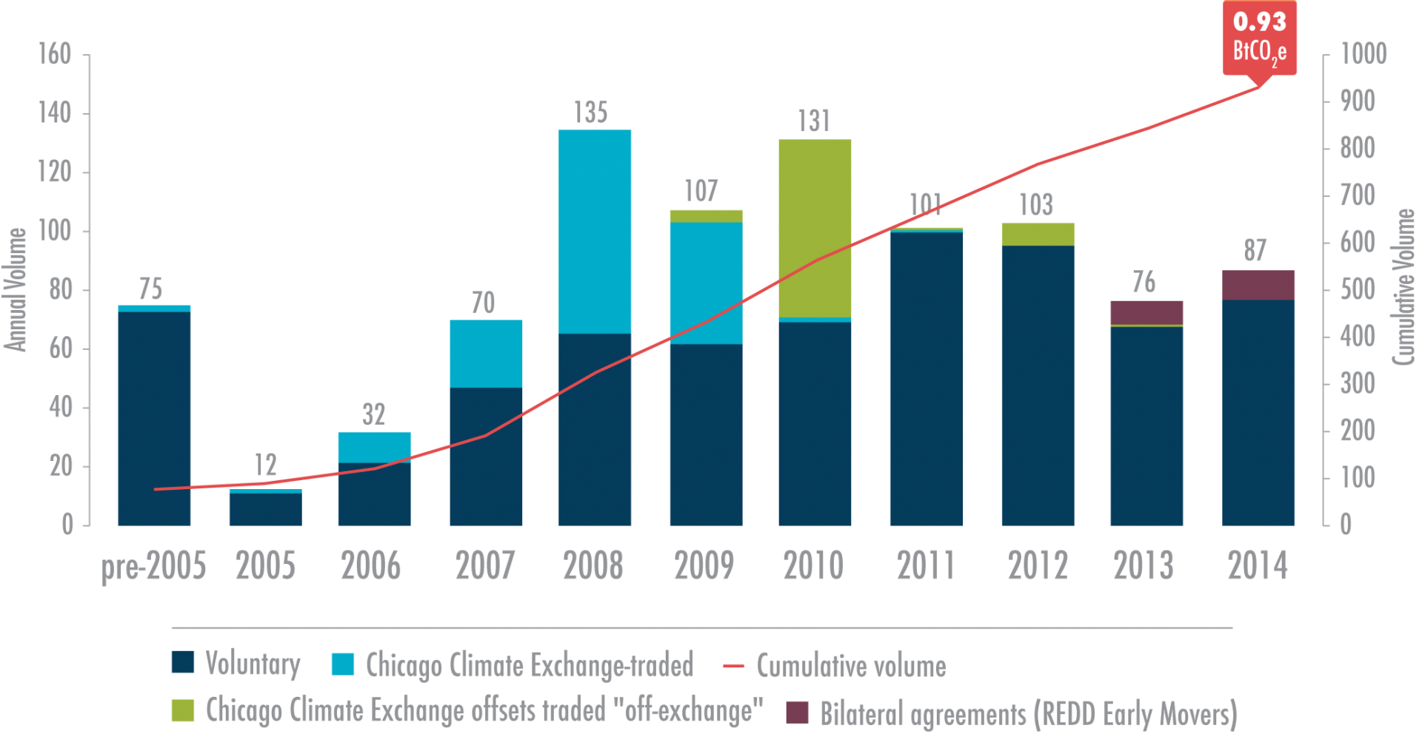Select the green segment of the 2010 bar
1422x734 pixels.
pos(815,228)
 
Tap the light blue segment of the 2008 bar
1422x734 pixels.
pos(595,231)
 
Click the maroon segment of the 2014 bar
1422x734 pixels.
pos(1258,285)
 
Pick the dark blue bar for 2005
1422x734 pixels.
pos(265,510)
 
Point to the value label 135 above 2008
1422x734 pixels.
pos(591,112)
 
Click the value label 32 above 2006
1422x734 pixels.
pos(374,414)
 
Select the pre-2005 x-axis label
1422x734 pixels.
pos(153,566)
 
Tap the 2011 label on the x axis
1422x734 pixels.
pos(926,566)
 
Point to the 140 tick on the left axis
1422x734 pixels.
pos(55,113)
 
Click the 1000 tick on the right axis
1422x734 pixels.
pos(1363,53)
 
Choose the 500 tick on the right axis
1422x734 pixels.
pos(1358,289)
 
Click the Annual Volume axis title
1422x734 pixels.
pos(16,289)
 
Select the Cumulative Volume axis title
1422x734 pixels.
pos(1404,287)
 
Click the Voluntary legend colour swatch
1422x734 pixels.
pos(183,661)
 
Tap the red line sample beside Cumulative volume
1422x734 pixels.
pos(732,666)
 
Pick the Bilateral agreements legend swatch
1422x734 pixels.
pos(797,712)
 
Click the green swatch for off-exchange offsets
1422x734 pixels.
pos(183,710)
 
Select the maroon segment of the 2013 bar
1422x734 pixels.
pos(1146,312)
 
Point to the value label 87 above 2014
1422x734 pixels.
pos(1255,250)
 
